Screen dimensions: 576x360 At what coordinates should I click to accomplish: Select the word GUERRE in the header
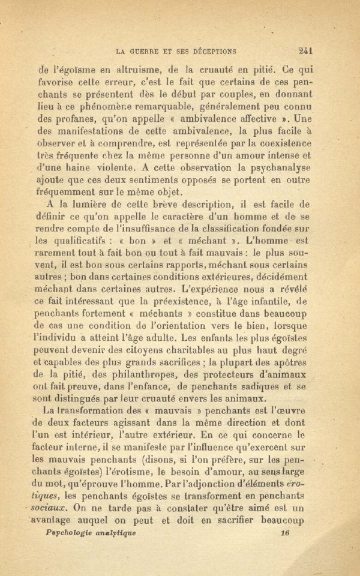click(143, 50)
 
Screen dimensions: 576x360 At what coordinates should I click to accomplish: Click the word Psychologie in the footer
click(74, 533)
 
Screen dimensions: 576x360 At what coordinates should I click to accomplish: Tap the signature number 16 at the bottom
click(285, 532)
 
